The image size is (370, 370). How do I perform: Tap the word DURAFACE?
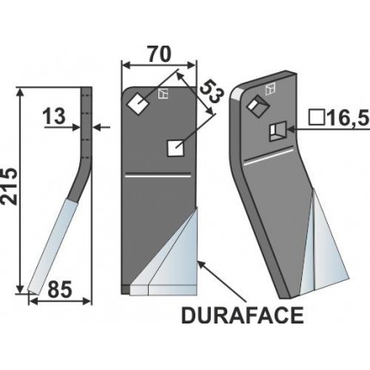(243, 316)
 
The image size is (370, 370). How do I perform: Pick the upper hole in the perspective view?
(256, 108)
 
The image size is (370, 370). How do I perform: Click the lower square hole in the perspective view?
(275, 131)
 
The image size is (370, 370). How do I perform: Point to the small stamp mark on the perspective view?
(270, 89)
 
